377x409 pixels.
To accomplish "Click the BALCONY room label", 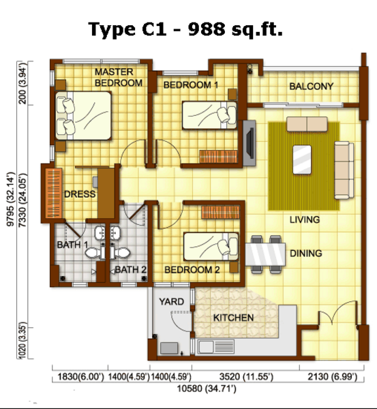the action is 312,87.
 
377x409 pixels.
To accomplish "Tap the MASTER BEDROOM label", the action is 119,78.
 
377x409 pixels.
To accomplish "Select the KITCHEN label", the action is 234,318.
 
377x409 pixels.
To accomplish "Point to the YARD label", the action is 171,301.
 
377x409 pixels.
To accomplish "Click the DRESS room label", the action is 80,194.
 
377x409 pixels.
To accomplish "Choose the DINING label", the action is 306,254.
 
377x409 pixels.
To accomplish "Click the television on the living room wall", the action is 250,142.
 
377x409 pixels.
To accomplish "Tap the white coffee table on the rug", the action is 302,160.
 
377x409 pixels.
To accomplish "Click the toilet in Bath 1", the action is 95,252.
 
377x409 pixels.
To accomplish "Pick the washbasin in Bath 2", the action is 115,233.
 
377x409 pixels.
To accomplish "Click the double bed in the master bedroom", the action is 83,116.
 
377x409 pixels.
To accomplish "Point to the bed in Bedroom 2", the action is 211,247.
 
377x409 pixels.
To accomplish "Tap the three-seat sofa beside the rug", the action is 344,170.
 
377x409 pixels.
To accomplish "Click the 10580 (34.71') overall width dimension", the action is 207,389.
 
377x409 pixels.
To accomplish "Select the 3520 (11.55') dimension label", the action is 246,377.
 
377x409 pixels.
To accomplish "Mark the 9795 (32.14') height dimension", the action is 11,199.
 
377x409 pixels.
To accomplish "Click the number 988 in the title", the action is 207,29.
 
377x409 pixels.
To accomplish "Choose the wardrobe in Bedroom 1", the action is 219,157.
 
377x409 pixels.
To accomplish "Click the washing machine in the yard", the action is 169,348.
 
